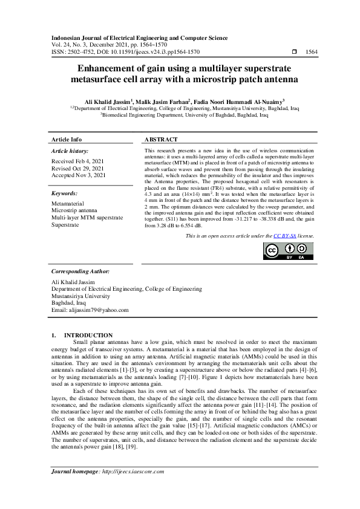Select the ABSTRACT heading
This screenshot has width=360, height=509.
161,139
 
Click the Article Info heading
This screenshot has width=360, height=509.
67,139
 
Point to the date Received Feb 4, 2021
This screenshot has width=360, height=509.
77,161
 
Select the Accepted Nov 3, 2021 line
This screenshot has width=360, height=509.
79,175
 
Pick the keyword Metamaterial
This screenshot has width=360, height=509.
68,204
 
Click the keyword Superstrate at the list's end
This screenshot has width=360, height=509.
65,224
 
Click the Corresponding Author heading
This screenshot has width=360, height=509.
80,271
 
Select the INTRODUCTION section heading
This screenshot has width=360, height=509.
88,335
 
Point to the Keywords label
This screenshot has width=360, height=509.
65,193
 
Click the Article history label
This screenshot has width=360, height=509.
70,151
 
